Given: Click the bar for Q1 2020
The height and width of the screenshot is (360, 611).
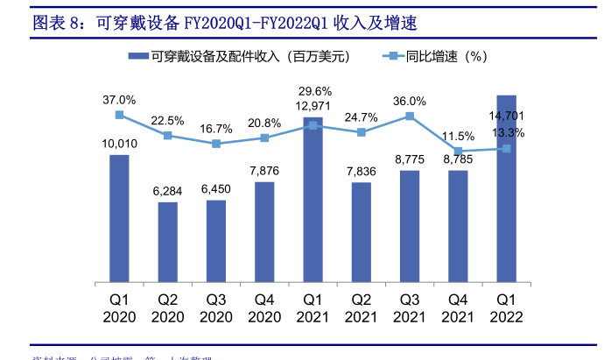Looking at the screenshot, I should tap(119, 219).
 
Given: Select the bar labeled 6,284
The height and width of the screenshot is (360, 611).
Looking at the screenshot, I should tap(167, 243).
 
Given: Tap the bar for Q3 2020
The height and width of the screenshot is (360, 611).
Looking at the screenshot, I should tap(216, 242).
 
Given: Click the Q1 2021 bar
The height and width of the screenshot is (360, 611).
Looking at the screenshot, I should tap(313, 201).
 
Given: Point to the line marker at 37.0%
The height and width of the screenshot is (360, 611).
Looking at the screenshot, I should tap(119, 115).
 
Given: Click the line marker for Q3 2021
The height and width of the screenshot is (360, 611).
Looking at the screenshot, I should tap(410, 116).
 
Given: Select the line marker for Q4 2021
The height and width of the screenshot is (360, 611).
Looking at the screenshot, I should tap(458, 151).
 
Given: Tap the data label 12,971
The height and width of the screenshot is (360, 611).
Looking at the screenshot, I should tap(314, 106).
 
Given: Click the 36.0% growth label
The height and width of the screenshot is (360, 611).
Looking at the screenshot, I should tap(410, 101).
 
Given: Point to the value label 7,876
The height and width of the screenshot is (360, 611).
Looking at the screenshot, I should tap(264, 170).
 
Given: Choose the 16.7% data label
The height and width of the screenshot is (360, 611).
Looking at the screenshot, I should tap(216, 128).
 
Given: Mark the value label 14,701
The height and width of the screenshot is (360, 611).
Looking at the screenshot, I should tap(508, 116).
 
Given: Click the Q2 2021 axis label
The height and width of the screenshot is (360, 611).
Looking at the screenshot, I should tap(362, 307).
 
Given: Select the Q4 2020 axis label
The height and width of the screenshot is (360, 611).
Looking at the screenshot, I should tap(264, 307).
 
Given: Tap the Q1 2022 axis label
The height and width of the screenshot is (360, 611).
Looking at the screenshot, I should tap(506, 307).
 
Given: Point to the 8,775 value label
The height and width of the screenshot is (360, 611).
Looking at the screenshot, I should tap(410, 159).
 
